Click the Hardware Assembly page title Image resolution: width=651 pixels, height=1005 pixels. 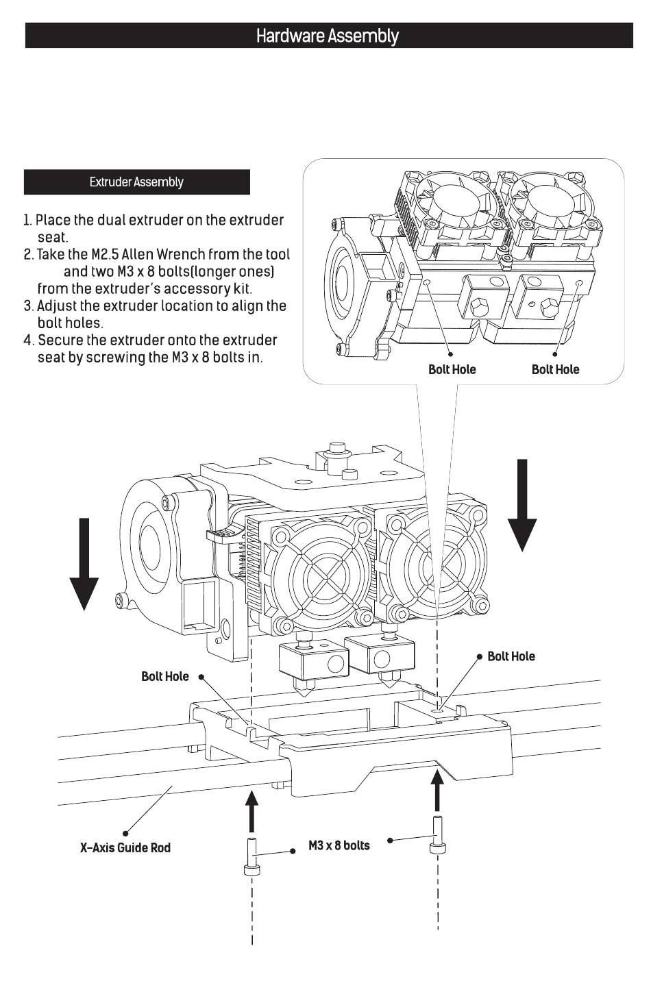click(327, 36)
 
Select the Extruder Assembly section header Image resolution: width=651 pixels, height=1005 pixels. click(136, 182)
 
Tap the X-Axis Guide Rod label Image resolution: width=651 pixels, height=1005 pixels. click(125, 847)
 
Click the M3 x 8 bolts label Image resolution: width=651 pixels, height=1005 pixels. click(339, 845)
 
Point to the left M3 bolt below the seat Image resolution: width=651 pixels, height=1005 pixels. click(251, 857)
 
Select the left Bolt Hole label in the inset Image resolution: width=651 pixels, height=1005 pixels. click(452, 369)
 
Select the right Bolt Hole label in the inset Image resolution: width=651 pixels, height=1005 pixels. click(555, 369)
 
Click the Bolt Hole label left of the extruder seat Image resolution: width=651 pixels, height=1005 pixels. click(164, 676)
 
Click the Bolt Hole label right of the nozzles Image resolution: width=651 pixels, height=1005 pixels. click(511, 656)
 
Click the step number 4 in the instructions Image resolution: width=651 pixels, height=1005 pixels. click(28, 340)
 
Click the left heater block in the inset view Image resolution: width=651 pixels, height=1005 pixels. click(484, 296)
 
